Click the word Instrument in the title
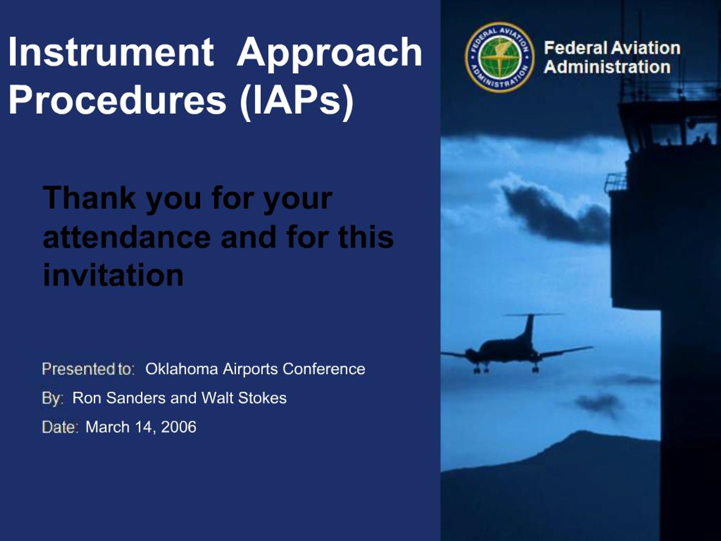click(x=111, y=52)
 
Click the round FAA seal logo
click(x=499, y=57)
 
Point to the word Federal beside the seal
click(x=576, y=48)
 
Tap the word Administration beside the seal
click(x=607, y=67)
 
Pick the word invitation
click(x=113, y=276)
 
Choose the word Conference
click(x=323, y=369)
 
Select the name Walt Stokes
click(x=244, y=398)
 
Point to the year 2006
click(x=179, y=427)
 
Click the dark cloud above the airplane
click(x=554, y=212)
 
